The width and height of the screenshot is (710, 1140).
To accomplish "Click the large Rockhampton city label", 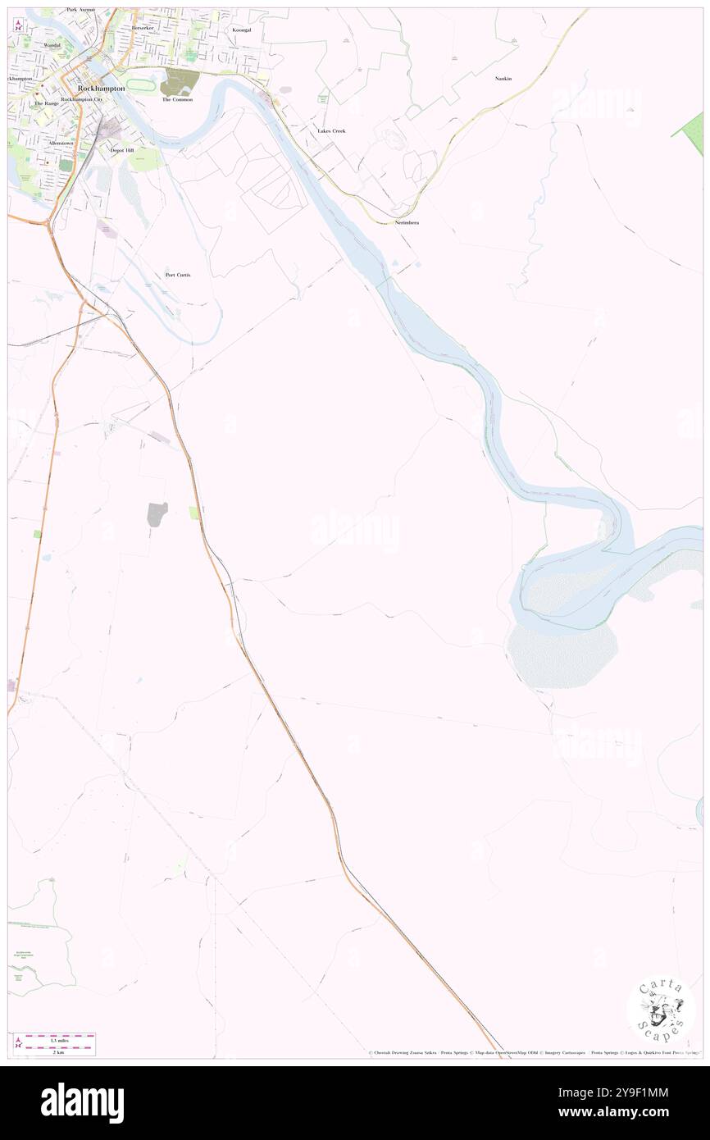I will (x=101, y=87).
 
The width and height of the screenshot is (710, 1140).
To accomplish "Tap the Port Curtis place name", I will (x=177, y=274).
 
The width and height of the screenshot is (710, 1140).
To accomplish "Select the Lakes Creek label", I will (x=331, y=130).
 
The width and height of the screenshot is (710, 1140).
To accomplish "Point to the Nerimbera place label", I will (x=407, y=222).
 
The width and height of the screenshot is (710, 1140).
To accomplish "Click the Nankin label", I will (x=503, y=78).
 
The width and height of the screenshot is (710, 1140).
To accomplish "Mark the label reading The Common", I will (x=177, y=99).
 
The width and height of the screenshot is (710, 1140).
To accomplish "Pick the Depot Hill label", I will (x=121, y=150).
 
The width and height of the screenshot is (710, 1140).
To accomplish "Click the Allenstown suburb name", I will (x=61, y=142).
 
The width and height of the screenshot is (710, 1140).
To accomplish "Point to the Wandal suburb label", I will (x=52, y=45).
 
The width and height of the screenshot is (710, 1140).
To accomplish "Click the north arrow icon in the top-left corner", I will (x=18, y=24).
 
